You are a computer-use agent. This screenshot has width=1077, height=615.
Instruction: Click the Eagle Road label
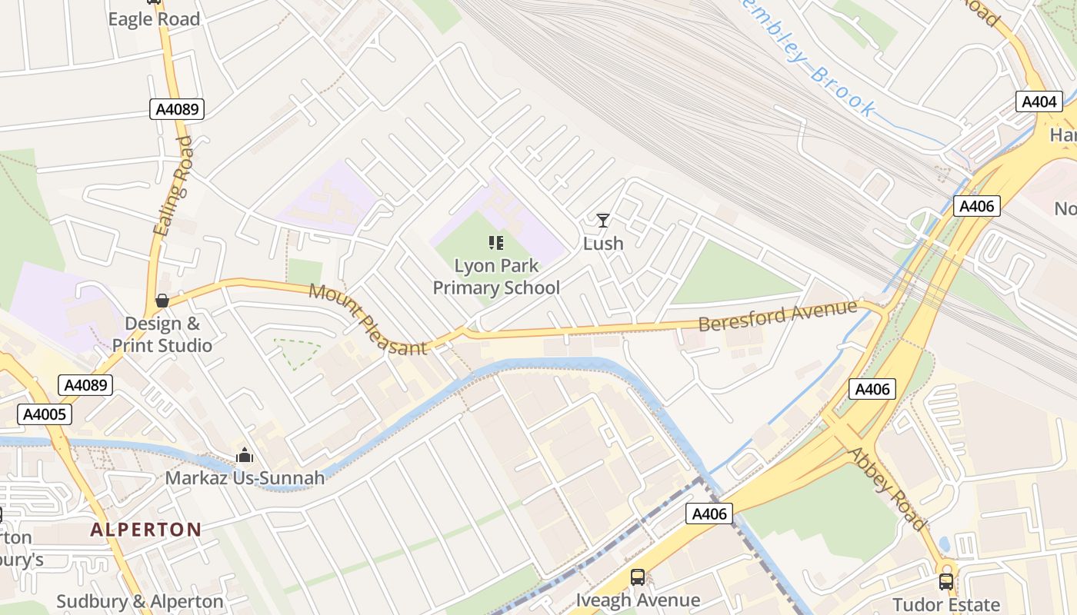click(154, 19)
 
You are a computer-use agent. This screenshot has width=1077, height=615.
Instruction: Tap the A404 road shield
click(1039, 101)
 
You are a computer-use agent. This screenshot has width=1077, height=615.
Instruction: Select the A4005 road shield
click(45, 415)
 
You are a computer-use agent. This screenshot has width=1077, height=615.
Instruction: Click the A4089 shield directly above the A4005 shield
click(86, 385)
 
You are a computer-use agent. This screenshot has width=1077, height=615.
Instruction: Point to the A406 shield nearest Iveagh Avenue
click(709, 514)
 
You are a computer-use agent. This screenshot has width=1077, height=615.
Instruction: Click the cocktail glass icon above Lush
click(603, 221)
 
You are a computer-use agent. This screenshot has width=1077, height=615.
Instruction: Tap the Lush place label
click(603, 244)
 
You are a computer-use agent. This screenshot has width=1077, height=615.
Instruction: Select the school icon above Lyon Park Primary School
click(496, 244)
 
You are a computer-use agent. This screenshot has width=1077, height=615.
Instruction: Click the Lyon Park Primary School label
click(496, 277)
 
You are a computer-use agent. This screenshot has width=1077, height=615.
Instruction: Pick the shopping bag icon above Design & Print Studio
click(162, 301)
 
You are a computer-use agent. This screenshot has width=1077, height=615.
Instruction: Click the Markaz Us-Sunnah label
click(245, 478)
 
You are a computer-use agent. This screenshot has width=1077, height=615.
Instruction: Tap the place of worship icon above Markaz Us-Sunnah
click(245, 456)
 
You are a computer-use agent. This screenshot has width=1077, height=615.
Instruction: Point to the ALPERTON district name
click(145, 530)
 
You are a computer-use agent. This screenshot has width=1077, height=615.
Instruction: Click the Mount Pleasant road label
click(368, 320)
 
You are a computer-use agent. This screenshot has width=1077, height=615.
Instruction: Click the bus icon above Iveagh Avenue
click(638, 577)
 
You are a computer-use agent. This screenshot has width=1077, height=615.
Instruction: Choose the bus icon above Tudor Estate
click(946, 582)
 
